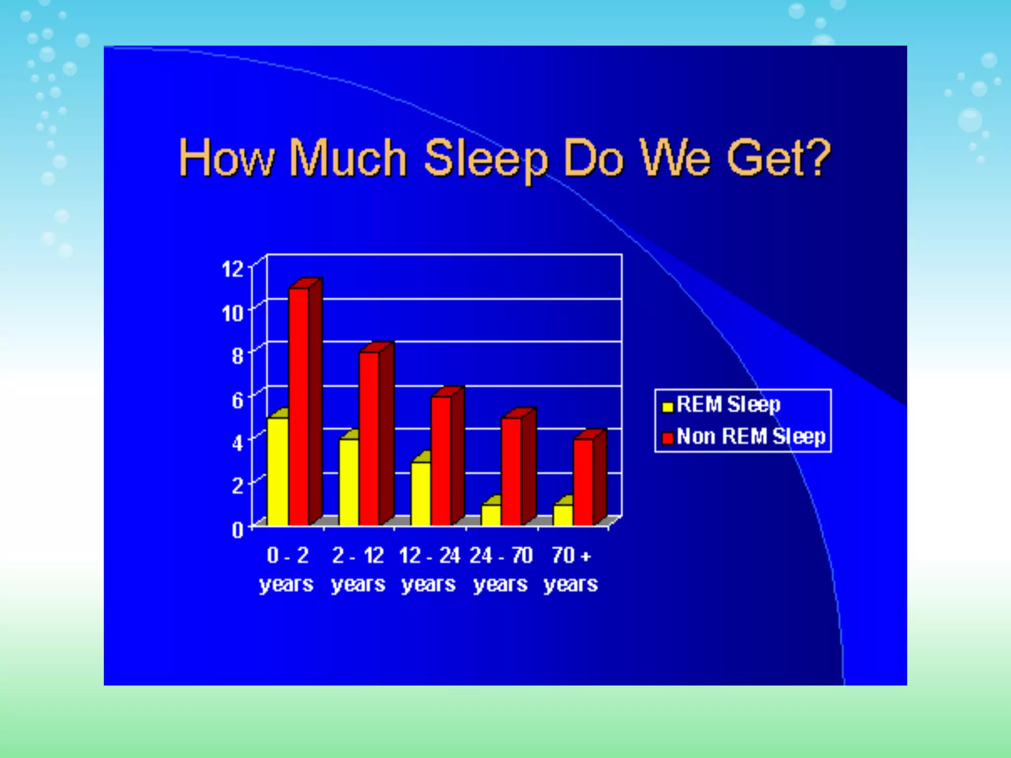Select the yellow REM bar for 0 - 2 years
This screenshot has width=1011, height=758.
coord(277,471)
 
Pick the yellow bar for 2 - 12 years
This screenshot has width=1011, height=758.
coord(349,481)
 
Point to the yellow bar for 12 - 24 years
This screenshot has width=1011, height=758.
coord(420,493)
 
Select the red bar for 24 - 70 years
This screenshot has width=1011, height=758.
coord(511,471)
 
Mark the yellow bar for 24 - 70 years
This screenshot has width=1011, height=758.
coord(491,515)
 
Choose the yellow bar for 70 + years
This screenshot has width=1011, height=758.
coord(563,515)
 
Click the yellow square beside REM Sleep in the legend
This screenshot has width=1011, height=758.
coord(668,407)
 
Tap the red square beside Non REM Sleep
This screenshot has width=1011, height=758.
coord(668,438)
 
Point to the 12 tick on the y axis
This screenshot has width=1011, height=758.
coord(233,269)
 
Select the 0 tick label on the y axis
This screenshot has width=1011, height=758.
coord(237,530)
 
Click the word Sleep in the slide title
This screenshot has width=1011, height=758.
coord(486,158)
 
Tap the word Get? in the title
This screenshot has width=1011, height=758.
coord(778,158)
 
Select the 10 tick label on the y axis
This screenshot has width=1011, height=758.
coord(233,313)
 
